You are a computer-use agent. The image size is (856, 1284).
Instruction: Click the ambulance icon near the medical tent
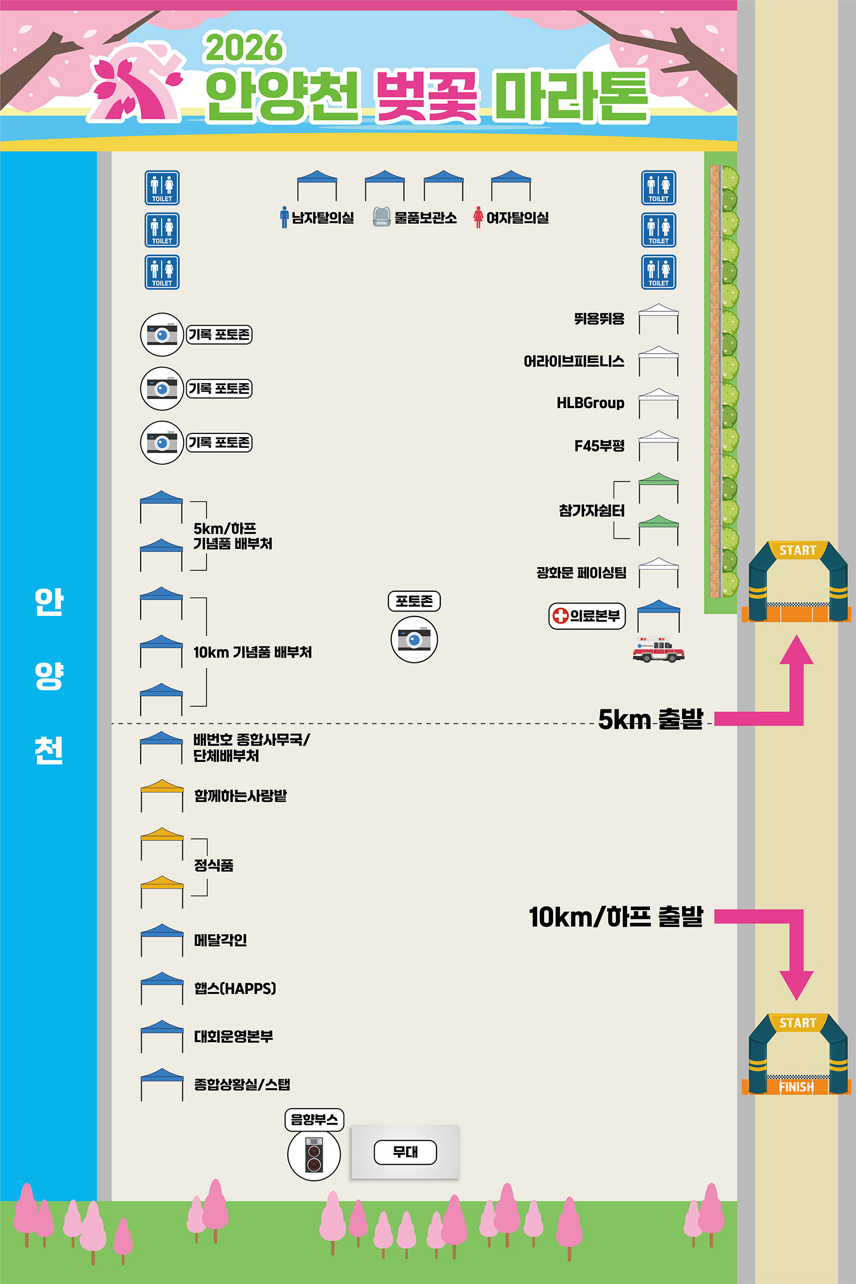[x=658, y=649]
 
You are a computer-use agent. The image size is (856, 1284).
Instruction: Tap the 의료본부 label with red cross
[x=587, y=616]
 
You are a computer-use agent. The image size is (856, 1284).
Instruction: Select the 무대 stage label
[x=405, y=1152]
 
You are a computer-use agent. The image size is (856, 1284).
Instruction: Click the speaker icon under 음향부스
[x=314, y=1155]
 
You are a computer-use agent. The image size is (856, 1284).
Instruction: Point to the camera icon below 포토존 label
[x=414, y=639]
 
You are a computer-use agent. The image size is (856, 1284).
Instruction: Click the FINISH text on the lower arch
[x=797, y=1087]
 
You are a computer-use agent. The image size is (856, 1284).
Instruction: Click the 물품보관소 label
[x=425, y=218]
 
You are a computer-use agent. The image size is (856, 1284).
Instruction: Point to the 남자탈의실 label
[x=323, y=218]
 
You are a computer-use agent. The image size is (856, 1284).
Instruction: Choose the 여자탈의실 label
[x=517, y=218]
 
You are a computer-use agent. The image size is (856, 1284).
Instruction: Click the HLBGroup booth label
[x=590, y=403]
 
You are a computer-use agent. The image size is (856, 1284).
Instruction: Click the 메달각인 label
[x=220, y=939]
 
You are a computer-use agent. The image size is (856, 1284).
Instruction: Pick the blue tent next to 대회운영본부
[x=162, y=1036]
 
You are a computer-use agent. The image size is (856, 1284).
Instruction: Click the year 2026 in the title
[x=244, y=48]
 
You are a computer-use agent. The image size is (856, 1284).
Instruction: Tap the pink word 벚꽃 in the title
[x=427, y=97]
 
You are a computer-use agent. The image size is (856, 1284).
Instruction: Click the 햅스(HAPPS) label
[x=235, y=988]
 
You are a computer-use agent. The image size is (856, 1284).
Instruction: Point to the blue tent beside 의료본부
[x=659, y=615]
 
